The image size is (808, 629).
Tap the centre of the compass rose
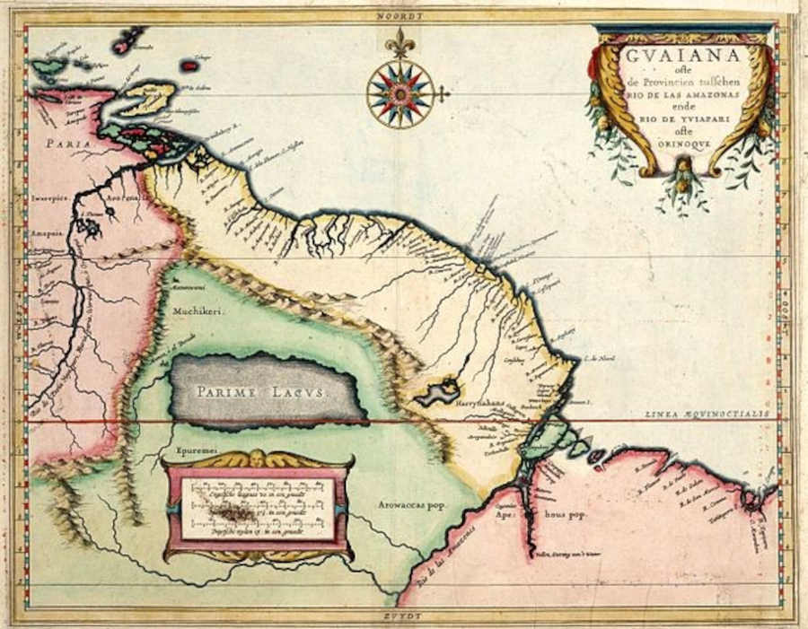(x=400, y=93)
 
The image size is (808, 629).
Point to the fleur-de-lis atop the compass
(x=400, y=41)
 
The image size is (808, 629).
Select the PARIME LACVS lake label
(x=268, y=391)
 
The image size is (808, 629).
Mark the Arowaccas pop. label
(x=405, y=505)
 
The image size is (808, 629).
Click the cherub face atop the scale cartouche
(x=258, y=458)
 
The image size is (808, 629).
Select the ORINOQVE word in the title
(x=681, y=141)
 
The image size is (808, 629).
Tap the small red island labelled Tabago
(x=189, y=66)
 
